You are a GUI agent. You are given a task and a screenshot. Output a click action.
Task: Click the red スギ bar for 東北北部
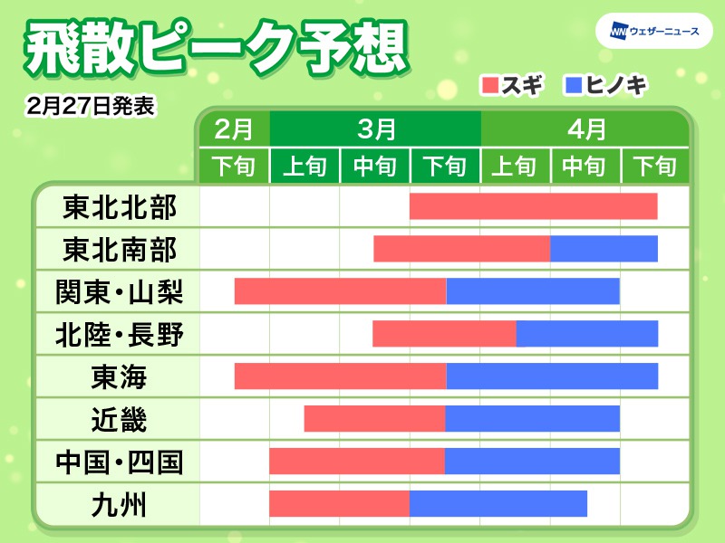(533, 206)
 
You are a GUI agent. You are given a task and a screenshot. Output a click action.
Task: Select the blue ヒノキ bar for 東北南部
(604, 248)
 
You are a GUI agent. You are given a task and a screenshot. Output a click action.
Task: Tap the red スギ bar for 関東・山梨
(340, 291)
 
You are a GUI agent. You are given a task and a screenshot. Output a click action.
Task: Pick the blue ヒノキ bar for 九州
(498, 503)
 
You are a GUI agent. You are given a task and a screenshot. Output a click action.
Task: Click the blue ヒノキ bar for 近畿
(532, 419)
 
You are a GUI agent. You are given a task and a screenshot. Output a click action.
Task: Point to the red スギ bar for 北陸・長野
(444, 333)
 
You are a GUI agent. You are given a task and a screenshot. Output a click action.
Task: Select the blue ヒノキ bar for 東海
(552, 376)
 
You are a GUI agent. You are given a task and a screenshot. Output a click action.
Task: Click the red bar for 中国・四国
(356, 461)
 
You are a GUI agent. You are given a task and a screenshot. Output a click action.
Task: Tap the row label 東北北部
(119, 207)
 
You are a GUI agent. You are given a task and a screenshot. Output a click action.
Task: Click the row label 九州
(119, 504)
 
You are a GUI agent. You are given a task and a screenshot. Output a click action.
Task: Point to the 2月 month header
(234, 129)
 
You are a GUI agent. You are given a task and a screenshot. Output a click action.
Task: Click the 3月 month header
(375, 129)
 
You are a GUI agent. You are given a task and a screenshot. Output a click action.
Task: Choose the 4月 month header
(585, 129)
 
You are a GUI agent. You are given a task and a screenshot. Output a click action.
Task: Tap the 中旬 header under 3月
(375, 167)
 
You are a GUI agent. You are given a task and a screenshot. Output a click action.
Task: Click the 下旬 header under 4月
(654, 167)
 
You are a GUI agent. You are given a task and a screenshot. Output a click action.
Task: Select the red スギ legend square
(490, 87)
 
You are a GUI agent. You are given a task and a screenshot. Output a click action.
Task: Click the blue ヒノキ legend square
(573, 87)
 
